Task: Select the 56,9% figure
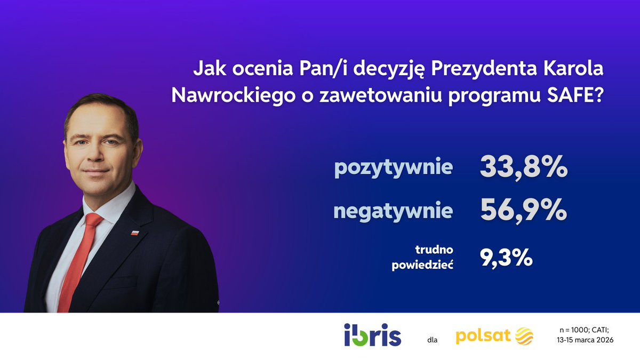tap(523, 211)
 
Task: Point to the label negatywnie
tap(393, 211)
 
